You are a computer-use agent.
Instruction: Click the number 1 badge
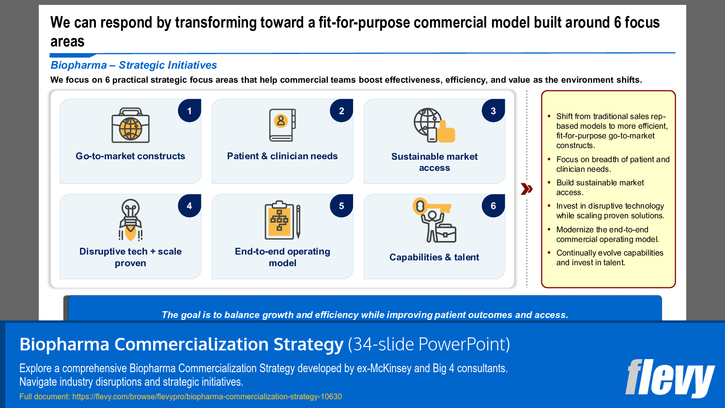(189, 111)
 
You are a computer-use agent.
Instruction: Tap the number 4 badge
(189, 206)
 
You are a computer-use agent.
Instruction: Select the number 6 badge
(493, 206)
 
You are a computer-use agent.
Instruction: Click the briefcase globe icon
(130, 126)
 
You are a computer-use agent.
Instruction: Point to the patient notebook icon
(282, 125)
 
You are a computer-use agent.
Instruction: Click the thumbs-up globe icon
(434, 125)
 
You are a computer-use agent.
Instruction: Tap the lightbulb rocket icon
(130, 220)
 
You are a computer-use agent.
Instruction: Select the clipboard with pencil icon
(282, 221)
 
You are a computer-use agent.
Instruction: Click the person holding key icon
(434, 220)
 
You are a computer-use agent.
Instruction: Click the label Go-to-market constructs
(130, 156)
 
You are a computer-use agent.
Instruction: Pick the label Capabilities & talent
(434, 257)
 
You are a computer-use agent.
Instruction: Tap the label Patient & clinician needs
(282, 156)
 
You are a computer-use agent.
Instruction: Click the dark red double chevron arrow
(526, 189)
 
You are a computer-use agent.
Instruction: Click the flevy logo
(670, 378)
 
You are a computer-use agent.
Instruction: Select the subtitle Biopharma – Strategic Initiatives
(134, 65)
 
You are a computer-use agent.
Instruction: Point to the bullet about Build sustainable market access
(600, 187)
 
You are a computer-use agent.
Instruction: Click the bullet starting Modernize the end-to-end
(607, 234)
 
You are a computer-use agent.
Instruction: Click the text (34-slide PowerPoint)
(429, 345)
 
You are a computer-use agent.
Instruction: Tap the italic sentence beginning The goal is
(365, 315)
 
